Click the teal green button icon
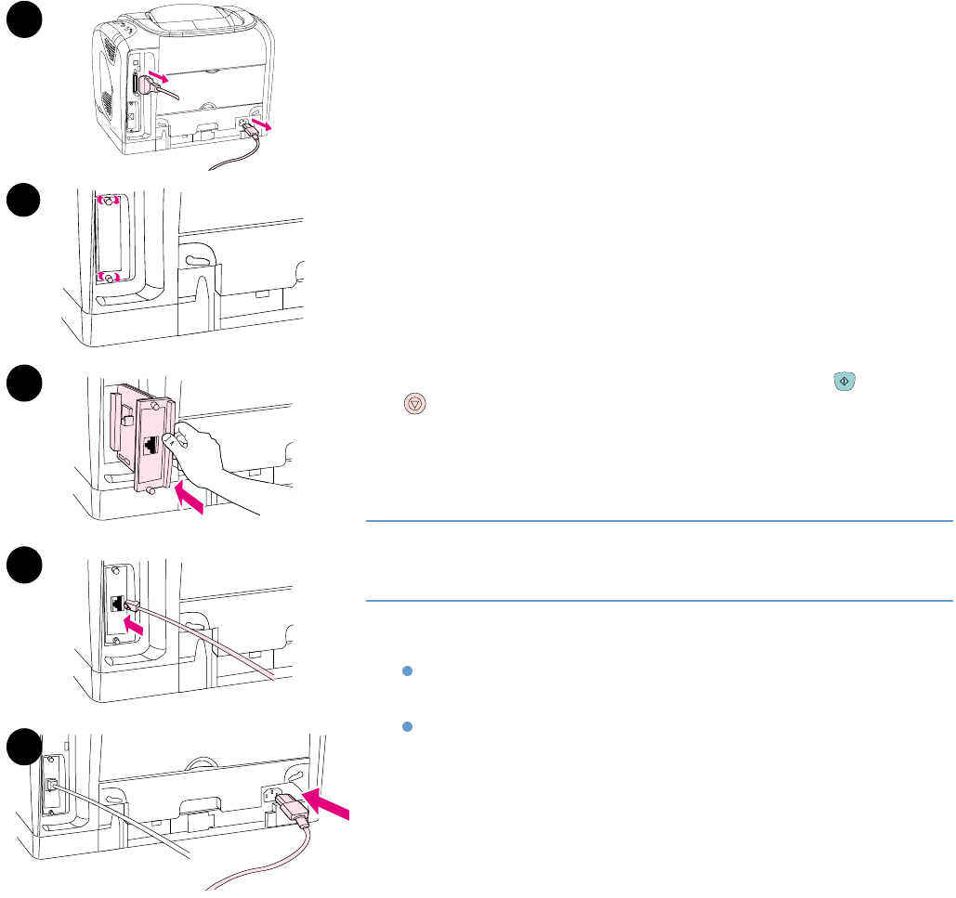click(844, 381)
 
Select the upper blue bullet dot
click(407, 670)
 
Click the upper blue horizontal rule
click(660, 521)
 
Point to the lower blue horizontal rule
click(660, 600)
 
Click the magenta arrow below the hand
click(192, 501)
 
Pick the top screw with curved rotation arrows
click(110, 202)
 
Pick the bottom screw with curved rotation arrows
click(110, 277)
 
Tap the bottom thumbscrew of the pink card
click(150, 504)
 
